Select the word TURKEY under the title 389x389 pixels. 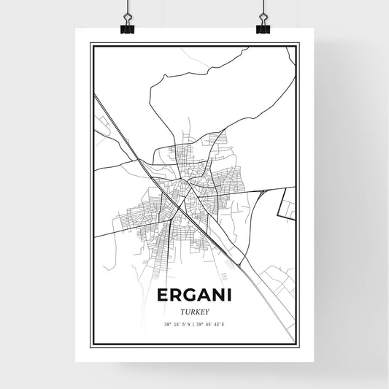193,310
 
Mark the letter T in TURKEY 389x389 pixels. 181,310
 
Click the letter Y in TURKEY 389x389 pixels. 207,310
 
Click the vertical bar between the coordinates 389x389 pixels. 193,324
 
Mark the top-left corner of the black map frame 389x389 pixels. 91,45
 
